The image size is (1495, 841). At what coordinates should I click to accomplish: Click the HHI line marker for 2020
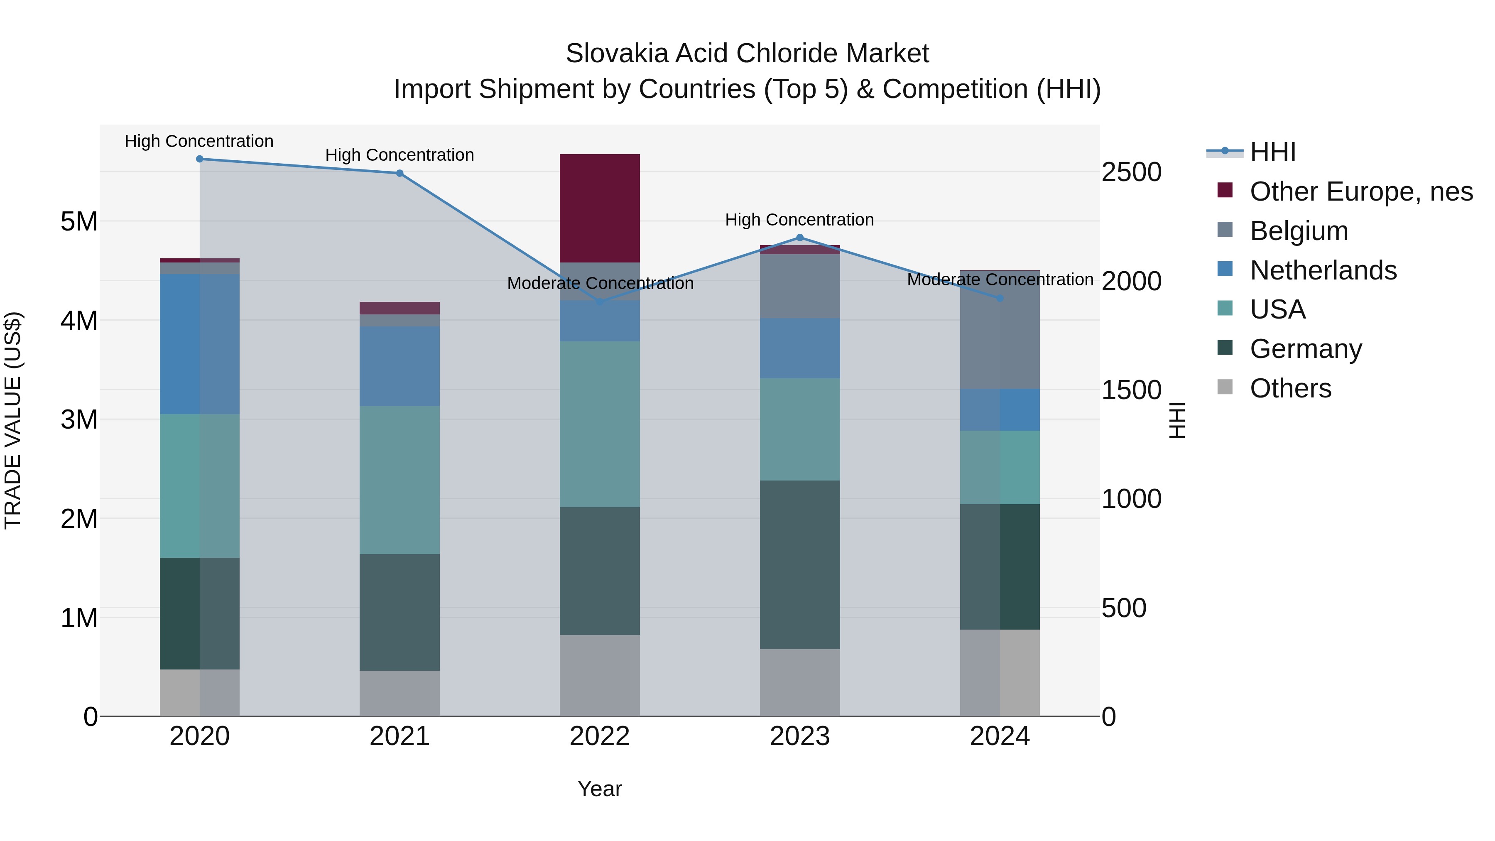(x=200, y=159)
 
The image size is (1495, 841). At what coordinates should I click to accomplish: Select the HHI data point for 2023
(x=800, y=238)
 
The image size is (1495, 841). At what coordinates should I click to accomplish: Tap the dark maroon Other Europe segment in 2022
(x=600, y=208)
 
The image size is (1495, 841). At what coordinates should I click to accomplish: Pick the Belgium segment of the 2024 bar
(x=1000, y=330)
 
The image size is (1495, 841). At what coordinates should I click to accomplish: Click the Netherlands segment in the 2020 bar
(x=200, y=343)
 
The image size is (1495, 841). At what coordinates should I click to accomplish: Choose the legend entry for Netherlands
(x=1323, y=270)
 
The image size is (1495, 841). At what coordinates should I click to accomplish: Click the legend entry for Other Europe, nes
(x=1361, y=191)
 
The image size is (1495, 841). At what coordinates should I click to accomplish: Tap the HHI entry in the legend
(x=1273, y=152)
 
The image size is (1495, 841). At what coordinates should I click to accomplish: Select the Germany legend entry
(x=1306, y=349)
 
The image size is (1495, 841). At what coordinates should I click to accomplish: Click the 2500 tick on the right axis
(x=1131, y=172)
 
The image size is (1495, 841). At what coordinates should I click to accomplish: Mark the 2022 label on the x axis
(x=600, y=736)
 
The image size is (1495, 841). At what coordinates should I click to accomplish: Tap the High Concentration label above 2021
(x=399, y=155)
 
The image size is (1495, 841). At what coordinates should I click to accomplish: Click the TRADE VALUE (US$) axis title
(x=13, y=420)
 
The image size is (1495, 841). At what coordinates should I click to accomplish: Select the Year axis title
(x=600, y=789)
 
